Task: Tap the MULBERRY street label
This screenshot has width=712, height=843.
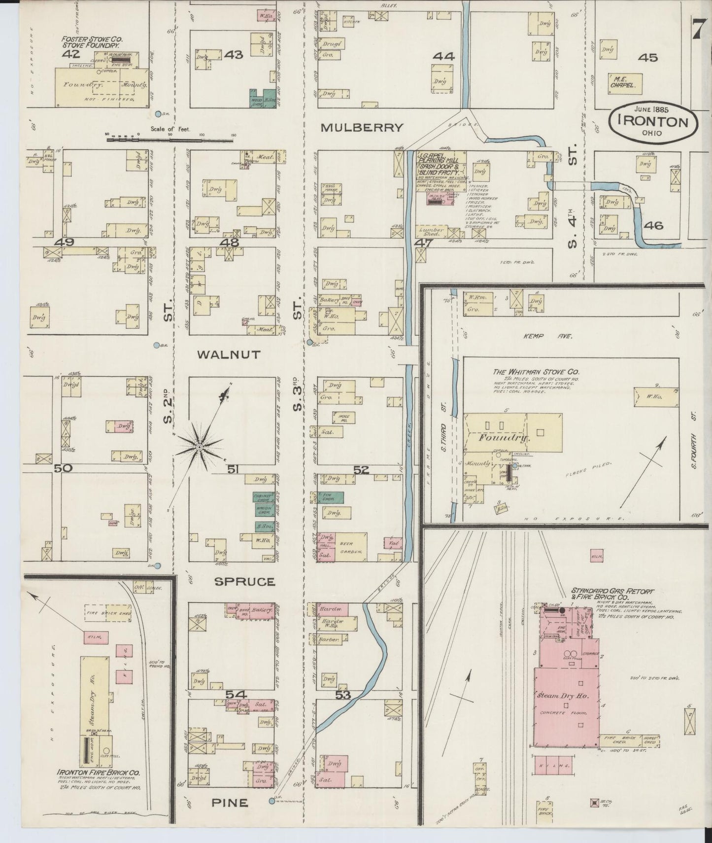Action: (x=362, y=128)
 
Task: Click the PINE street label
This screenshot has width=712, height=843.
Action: (x=230, y=803)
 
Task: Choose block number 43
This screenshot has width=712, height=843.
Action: (x=233, y=55)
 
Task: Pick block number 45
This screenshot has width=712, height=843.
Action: (x=647, y=58)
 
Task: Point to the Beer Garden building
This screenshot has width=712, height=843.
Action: (x=349, y=547)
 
